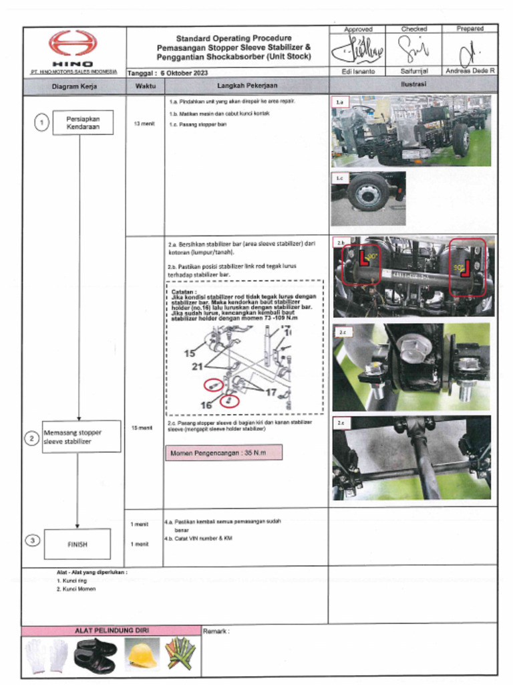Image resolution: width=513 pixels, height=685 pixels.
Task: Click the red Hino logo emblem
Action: coord(73,44)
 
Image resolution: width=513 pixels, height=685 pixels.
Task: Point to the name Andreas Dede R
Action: coord(470,71)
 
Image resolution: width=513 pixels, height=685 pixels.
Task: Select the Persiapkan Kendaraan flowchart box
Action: coord(83,122)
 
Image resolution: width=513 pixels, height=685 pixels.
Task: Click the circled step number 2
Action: coord(31,439)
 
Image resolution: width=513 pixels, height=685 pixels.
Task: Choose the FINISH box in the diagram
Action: coord(77,544)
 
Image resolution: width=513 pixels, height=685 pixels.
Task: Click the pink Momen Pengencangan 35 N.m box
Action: coord(224,453)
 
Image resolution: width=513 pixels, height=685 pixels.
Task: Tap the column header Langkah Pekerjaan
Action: coord(246,86)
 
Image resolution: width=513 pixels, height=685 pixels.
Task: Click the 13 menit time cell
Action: coord(144,124)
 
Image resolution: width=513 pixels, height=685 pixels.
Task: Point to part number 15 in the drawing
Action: coord(190,353)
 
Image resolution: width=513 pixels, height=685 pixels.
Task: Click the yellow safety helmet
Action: coord(142,655)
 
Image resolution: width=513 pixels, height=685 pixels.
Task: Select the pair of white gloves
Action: coord(47,656)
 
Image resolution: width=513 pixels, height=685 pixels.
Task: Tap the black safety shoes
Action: coord(95,655)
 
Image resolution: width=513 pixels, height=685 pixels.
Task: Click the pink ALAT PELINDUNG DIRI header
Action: coord(111,630)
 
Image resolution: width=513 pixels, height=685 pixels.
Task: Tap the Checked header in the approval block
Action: coord(413,29)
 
